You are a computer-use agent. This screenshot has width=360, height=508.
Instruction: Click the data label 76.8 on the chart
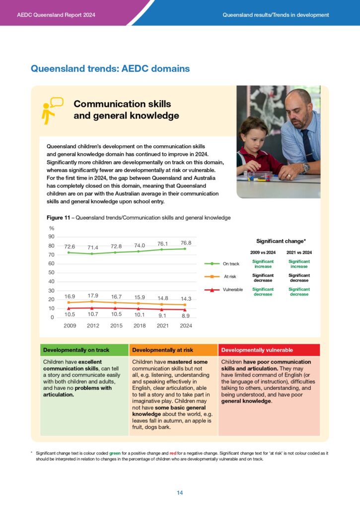click(x=186, y=243)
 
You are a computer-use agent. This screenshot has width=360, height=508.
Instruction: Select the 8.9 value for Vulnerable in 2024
click(x=186, y=315)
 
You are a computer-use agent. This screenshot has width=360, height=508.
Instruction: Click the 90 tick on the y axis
click(x=51, y=237)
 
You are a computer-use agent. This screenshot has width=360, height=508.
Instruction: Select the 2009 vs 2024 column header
click(x=263, y=253)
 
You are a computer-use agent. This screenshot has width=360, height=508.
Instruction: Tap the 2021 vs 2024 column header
click(x=299, y=253)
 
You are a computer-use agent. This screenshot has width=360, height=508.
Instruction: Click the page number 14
click(x=180, y=493)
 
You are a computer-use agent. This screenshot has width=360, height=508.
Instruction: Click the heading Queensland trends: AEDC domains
click(x=110, y=68)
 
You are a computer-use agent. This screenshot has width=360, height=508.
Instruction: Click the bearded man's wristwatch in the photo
click(x=306, y=168)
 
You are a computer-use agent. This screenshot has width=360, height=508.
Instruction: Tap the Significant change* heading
click(x=281, y=241)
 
